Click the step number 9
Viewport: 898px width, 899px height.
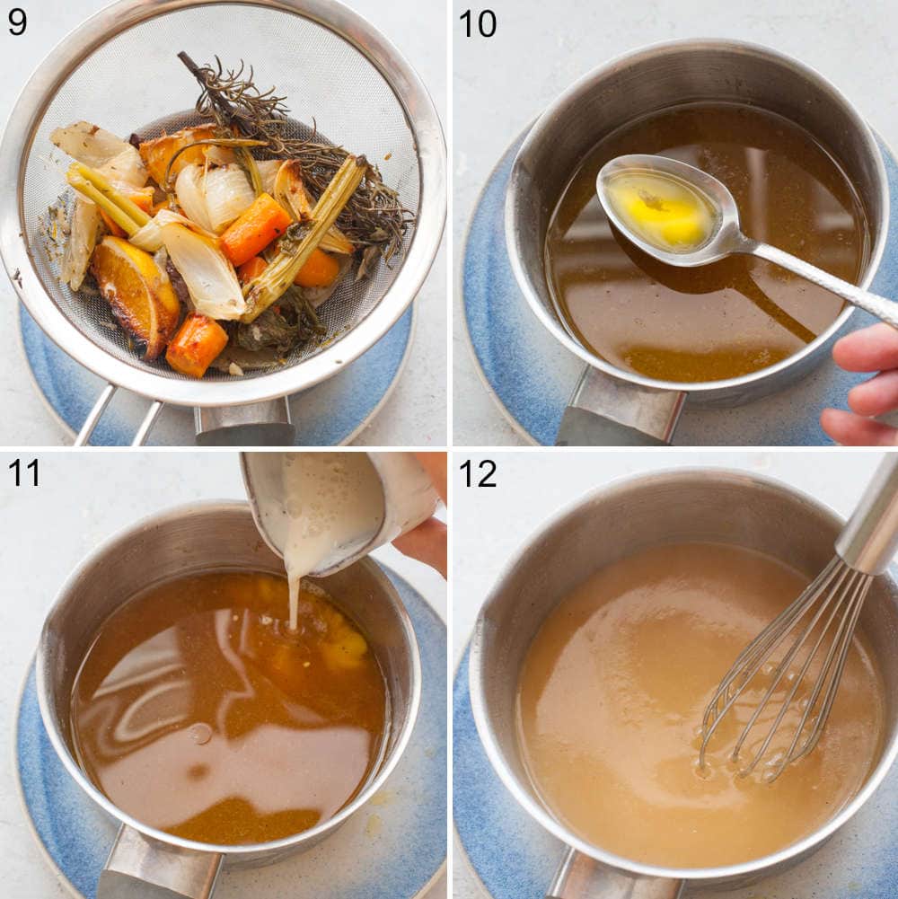17,22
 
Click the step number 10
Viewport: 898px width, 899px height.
477,22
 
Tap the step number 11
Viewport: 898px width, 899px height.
23,472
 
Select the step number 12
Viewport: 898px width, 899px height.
477,472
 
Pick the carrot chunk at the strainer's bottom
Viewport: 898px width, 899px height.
196,344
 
